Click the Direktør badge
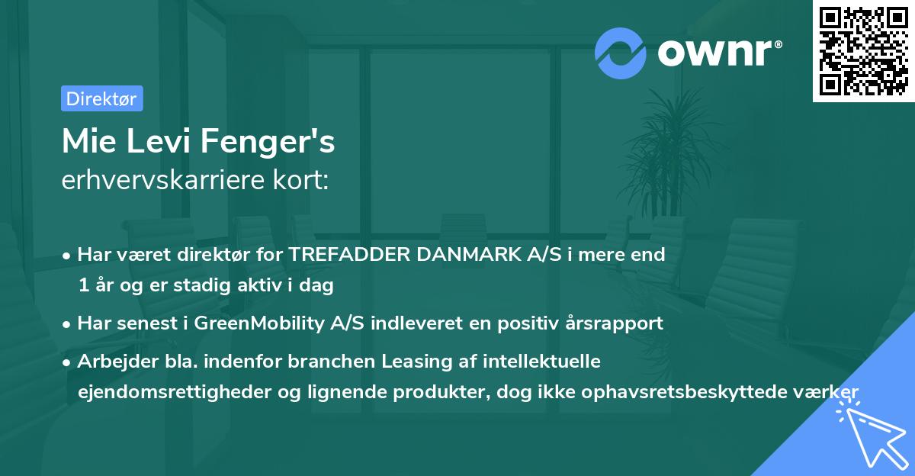click(x=101, y=98)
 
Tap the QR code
click(x=863, y=50)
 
